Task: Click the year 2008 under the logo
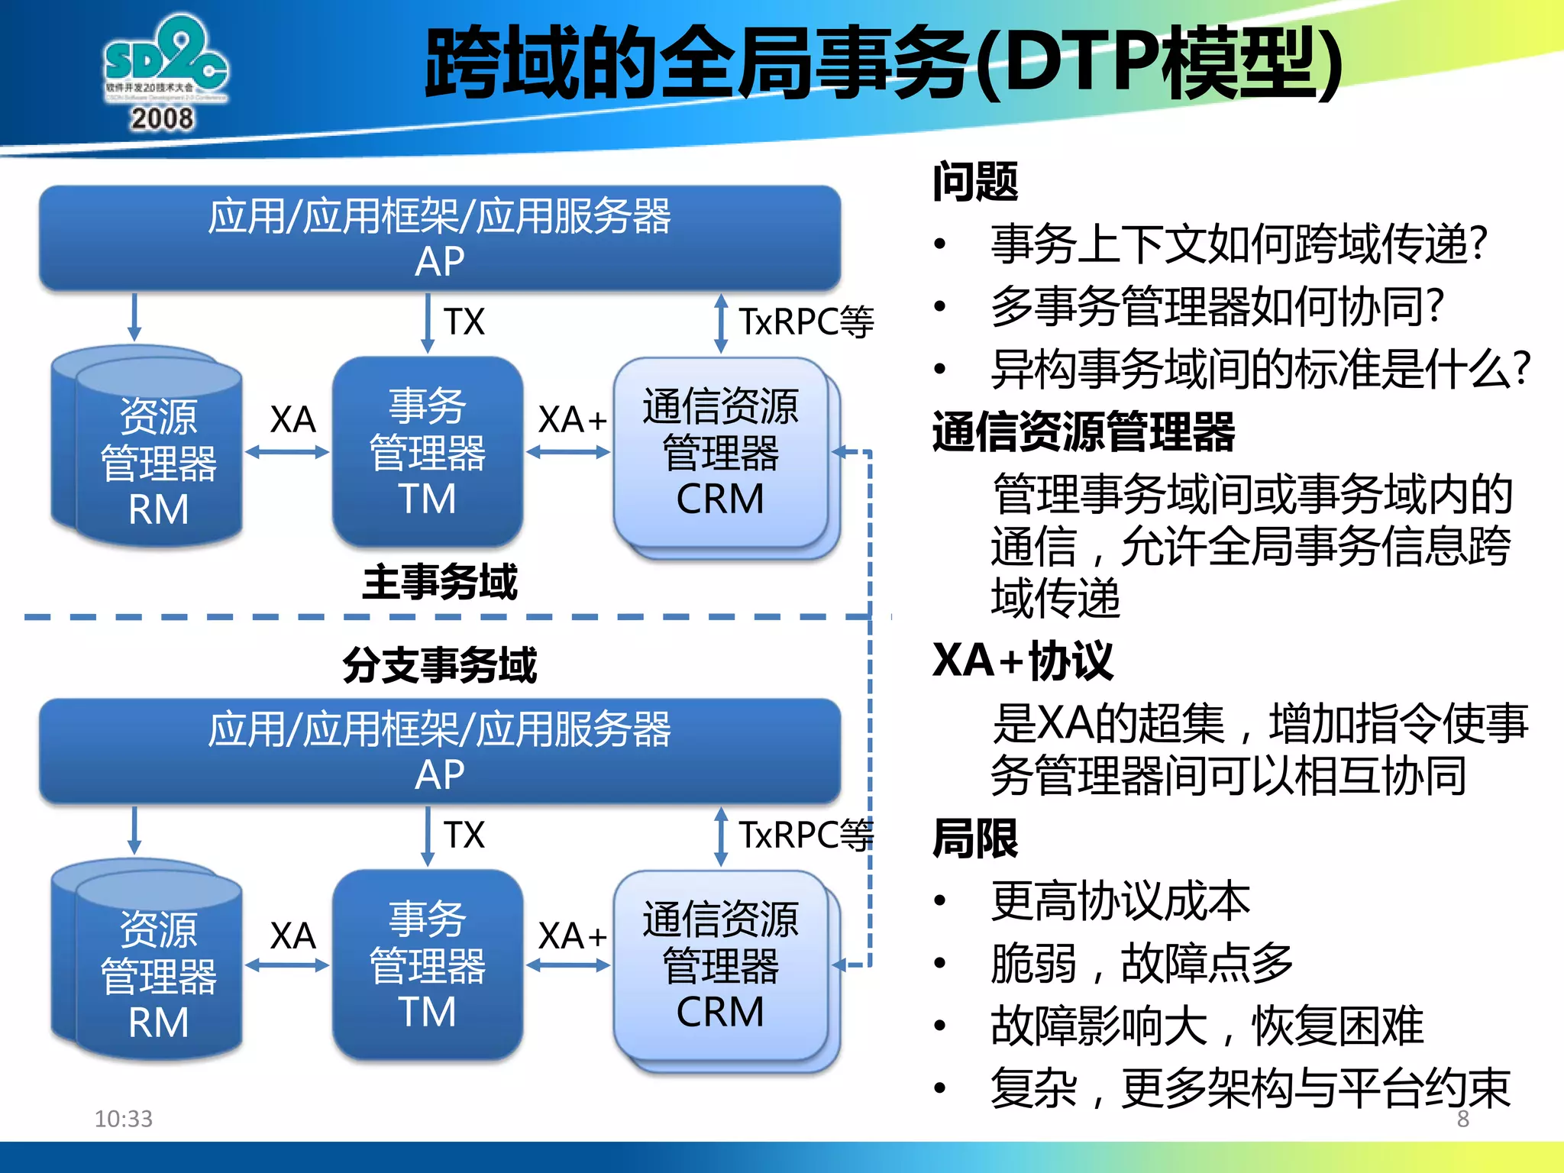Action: tap(162, 119)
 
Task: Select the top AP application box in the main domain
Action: tap(440, 238)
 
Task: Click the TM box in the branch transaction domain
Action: tap(428, 964)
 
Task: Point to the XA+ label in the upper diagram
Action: tap(573, 419)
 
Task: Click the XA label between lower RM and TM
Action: tap(292, 935)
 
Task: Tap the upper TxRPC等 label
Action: tap(806, 322)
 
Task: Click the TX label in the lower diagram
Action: tap(464, 835)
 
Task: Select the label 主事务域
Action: tap(440, 583)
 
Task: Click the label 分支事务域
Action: tap(440, 665)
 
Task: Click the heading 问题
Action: tap(975, 182)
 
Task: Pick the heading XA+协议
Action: tap(1023, 661)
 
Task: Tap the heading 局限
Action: tap(975, 839)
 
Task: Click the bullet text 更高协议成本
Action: tap(1120, 901)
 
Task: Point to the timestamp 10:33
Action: tap(123, 1119)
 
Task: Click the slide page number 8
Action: tap(1462, 1119)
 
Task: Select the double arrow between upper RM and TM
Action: tap(287, 452)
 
